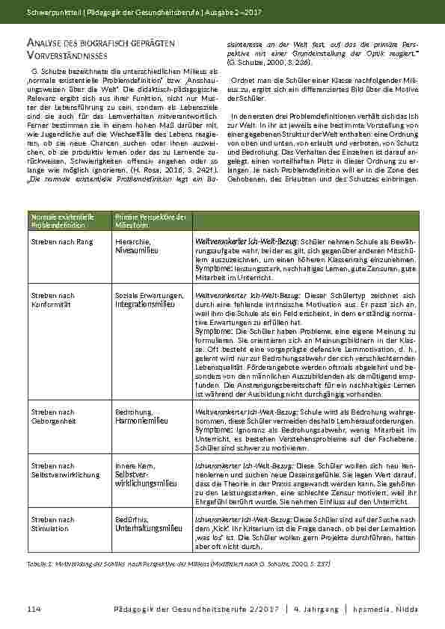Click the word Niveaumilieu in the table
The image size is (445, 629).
(x=138, y=251)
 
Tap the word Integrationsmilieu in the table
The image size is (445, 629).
(x=146, y=305)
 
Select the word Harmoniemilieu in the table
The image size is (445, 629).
(x=141, y=421)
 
